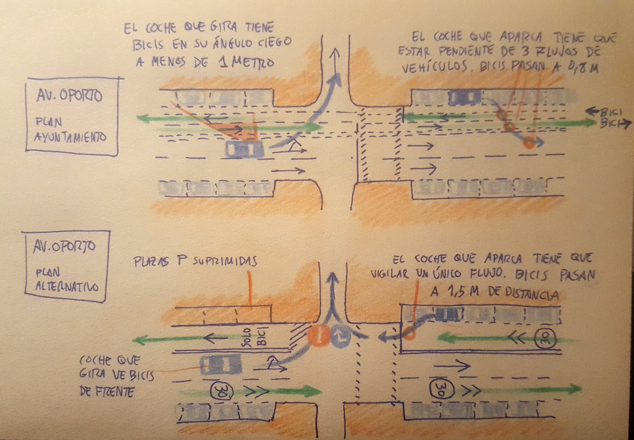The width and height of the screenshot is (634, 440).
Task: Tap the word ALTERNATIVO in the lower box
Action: pos(67,287)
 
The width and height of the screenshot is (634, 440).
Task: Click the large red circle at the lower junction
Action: pos(319,336)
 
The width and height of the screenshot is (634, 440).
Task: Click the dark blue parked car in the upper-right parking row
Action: pos(465,97)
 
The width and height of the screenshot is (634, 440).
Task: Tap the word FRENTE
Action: pos(115,392)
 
